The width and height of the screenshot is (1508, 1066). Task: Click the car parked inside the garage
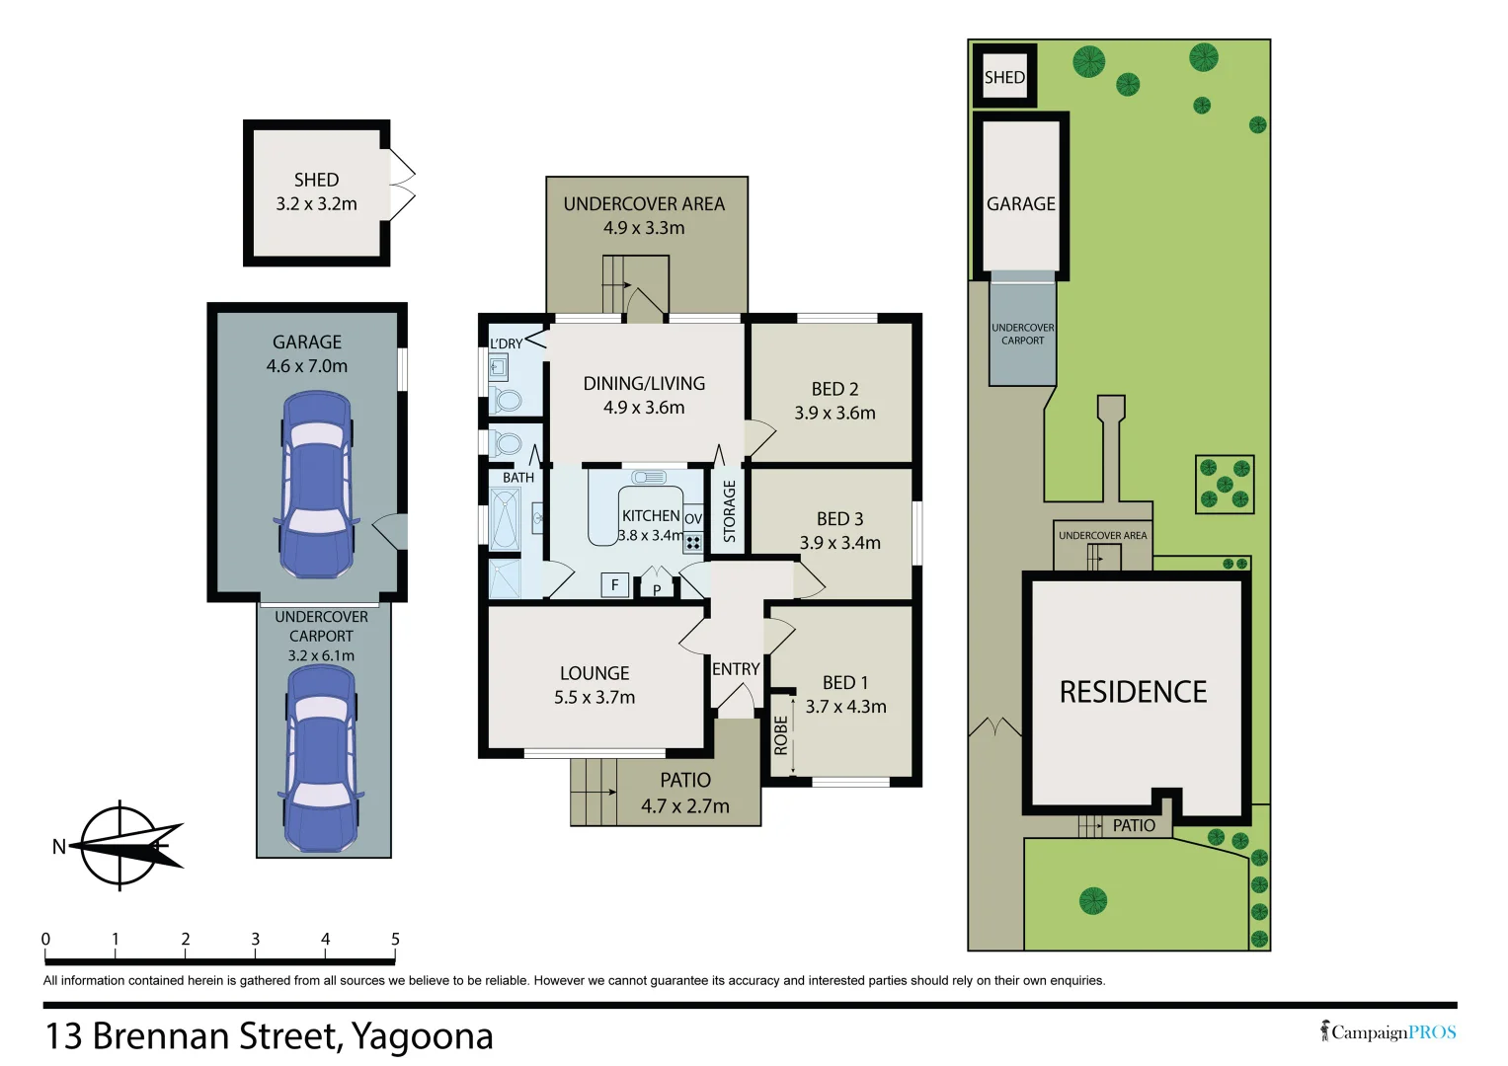(316, 485)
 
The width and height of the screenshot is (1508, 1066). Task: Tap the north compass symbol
(119, 846)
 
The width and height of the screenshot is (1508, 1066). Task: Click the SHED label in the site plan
(1004, 77)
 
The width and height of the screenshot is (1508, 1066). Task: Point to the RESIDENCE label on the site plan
(1133, 692)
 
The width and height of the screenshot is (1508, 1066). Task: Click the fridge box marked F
(614, 584)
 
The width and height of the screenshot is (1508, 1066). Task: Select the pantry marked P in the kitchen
(657, 583)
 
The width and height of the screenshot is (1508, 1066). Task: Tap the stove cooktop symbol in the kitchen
(692, 543)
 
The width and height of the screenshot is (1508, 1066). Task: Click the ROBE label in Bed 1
(780, 735)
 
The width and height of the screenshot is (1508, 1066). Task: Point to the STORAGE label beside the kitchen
(730, 511)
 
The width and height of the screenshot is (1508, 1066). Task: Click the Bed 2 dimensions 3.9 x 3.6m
(834, 413)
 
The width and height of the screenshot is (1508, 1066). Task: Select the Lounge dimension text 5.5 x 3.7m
(595, 697)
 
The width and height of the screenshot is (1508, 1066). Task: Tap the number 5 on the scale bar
(395, 939)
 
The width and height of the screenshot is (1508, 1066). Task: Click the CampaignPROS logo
(1389, 1031)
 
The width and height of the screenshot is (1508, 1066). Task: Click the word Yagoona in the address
(423, 1037)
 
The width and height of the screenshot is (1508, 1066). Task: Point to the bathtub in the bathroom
(505, 519)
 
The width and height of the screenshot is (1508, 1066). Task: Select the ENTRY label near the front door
(736, 669)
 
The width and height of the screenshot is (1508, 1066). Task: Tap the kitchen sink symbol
(648, 477)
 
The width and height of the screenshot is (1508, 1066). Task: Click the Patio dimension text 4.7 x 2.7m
(685, 805)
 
